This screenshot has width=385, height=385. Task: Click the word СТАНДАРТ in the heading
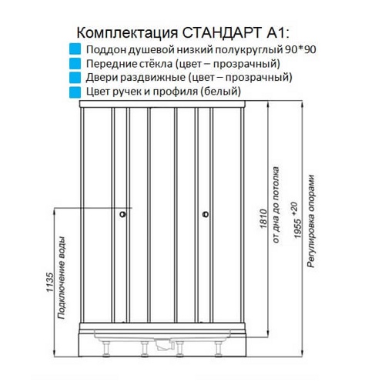click(x=222, y=33)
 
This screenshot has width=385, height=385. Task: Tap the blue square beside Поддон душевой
click(x=75, y=49)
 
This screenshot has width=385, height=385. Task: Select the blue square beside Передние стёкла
click(x=75, y=63)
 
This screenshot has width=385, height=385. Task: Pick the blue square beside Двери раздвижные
click(x=75, y=77)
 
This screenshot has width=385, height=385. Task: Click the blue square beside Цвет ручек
click(x=75, y=92)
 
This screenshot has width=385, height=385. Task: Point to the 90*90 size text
click(x=300, y=49)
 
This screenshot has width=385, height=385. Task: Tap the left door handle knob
click(x=122, y=214)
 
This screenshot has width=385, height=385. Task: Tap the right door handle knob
click(x=206, y=214)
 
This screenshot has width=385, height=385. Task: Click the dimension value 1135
click(x=50, y=283)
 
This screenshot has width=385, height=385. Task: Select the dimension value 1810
click(x=263, y=219)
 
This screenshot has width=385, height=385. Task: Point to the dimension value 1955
click(x=298, y=229)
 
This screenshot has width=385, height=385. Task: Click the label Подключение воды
click(x=62, y=278)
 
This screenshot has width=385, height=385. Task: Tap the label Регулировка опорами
click(x=311, y=222)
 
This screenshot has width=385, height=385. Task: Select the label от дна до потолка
click(x=276, y=205)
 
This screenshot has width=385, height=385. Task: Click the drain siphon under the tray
click(x=164, y=344)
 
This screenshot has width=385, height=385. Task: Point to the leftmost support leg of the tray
click(x=106, y=349)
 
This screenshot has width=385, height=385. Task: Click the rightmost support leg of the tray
click(x=219, y=349)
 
